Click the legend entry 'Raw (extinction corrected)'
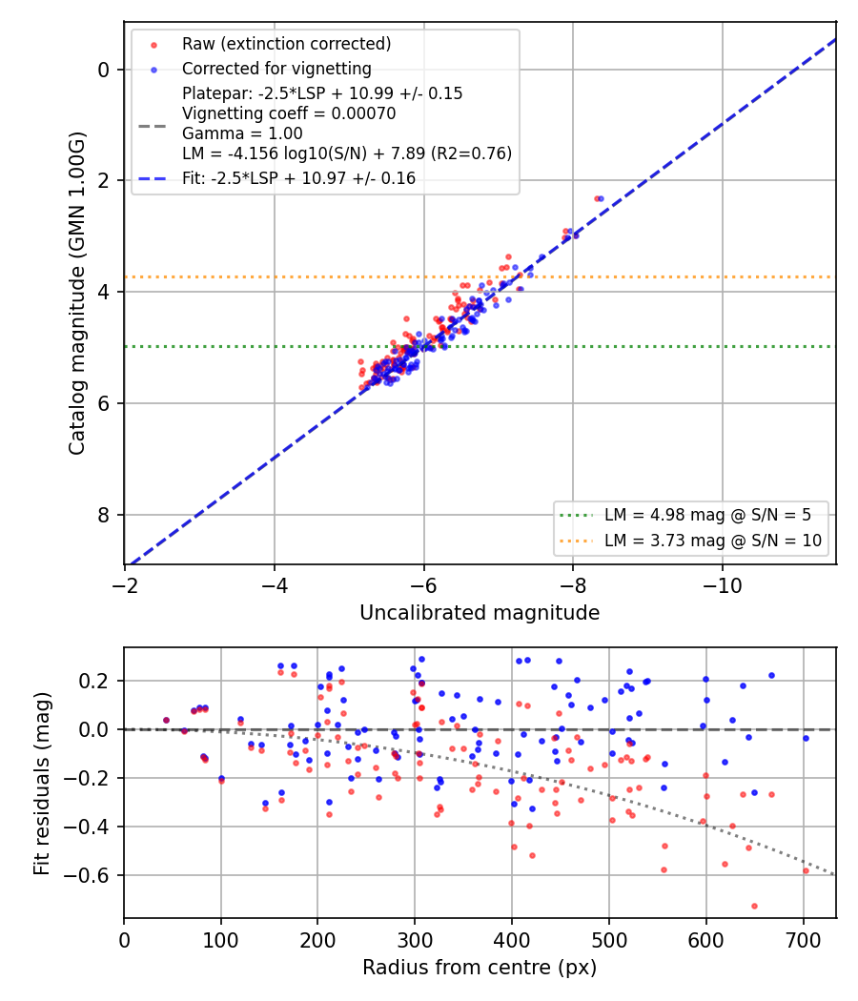286,44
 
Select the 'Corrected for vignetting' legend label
276,69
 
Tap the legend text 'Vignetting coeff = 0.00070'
289,113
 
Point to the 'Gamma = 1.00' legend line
242,133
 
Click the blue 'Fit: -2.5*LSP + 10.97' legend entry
298,178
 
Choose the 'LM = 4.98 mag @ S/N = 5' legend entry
707,515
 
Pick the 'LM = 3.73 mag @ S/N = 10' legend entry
712,541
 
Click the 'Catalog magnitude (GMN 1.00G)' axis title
76,294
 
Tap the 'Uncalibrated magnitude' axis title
480,613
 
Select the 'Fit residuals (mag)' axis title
42,784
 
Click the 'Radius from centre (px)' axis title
480,968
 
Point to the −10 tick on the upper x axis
722,585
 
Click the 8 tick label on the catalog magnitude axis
104,515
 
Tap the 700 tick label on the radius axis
803,940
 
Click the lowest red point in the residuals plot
755,906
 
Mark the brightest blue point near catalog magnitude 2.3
601,199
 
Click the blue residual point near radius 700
806,739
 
